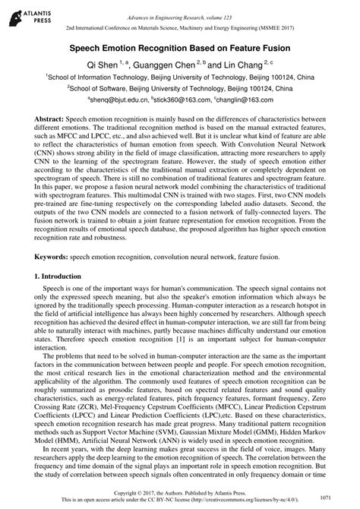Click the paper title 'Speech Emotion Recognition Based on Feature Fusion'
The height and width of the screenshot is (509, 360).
click(x=179, y=47)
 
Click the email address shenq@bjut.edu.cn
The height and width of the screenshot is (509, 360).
click(x=118, y=99)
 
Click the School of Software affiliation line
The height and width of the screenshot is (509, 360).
click(x=179, y=87)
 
